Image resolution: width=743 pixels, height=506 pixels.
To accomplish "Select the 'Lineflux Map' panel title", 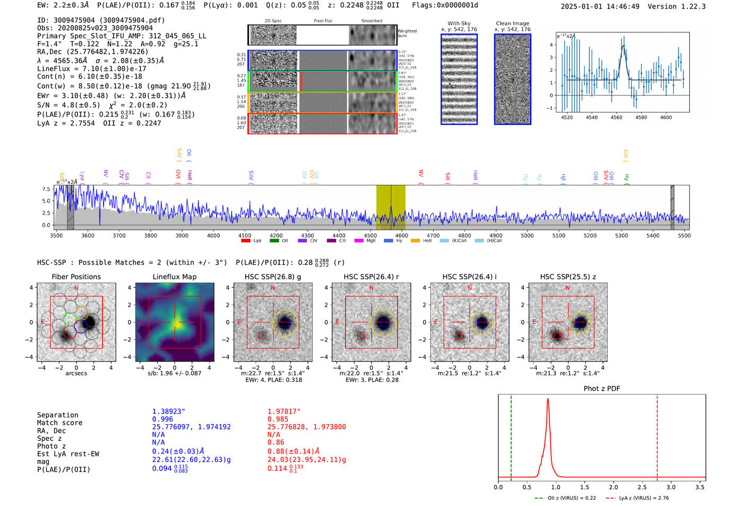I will (175, 277).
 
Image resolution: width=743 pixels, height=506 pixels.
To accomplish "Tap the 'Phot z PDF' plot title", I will (602, 388).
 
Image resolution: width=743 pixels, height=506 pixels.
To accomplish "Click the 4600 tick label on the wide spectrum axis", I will (401, 236).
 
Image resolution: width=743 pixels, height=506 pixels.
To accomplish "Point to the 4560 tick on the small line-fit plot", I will (616, 117).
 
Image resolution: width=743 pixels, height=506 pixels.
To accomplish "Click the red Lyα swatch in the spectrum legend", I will (246, 241).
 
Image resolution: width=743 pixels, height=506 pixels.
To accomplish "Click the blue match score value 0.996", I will (162, 419).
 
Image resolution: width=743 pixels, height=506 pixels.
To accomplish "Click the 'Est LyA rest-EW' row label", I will (68, 454).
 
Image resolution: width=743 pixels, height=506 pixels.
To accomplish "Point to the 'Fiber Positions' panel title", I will (76, 277).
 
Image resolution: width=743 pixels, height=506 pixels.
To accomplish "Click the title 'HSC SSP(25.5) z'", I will (568, 277).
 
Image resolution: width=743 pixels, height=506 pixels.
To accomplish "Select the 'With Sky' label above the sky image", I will (459, 23).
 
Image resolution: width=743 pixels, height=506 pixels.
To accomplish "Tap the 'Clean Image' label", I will (512, 23).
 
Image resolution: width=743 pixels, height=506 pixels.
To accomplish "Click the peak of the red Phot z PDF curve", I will (548, 400).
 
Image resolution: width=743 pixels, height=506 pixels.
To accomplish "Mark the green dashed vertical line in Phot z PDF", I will (511, 435).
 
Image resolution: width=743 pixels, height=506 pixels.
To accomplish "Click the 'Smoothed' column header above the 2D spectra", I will (371, 21).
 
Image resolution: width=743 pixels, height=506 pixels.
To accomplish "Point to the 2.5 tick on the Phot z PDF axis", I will (642, 487).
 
